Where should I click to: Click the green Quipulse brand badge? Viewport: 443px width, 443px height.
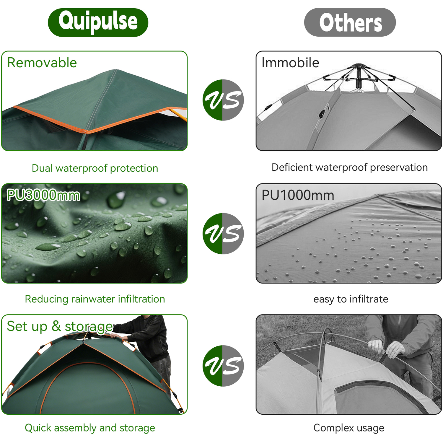pos(98,22)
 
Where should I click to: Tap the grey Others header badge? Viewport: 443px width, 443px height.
pos(350,22)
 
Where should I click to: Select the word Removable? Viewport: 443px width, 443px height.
pos(42,63)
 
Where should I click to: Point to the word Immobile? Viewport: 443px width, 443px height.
pos(290,63)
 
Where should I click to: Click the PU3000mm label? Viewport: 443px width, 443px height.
pos(43,195)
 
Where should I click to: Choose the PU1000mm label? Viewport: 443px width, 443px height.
pos(298,195)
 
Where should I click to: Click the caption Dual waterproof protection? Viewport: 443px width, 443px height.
pos(95,168)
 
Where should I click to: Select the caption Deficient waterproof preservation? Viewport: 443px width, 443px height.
pos(350,167)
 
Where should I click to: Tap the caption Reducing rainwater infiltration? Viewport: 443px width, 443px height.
pos(95,299)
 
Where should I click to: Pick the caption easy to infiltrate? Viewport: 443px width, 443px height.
pos(351,299)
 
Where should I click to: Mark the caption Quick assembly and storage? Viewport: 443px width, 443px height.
pos(90,428)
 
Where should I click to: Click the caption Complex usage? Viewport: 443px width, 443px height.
pos(349,428)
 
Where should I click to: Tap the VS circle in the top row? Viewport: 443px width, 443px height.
pos(223,100)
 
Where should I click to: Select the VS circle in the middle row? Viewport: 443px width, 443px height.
pos(223,233)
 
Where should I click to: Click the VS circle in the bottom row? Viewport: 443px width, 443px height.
pos(223,366)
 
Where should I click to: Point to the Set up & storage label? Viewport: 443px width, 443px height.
pos(60,327)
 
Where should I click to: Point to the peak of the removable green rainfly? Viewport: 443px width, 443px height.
pos(116,70)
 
